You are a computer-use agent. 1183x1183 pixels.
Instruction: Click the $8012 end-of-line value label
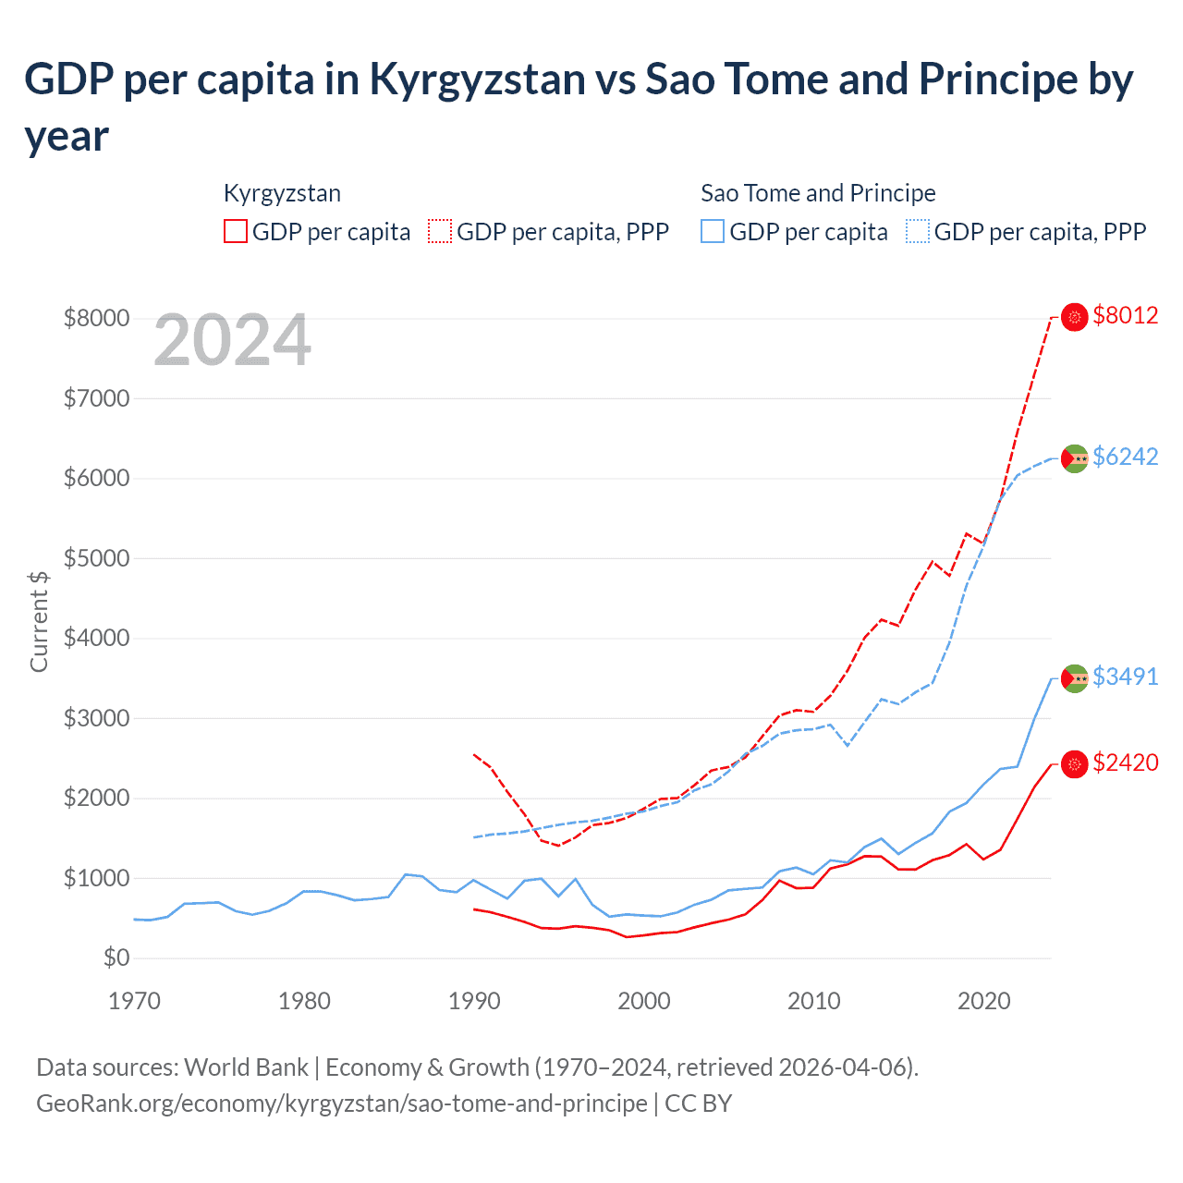1125,315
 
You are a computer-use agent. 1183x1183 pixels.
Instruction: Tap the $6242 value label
1125,457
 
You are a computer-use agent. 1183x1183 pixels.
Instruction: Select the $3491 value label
1125,677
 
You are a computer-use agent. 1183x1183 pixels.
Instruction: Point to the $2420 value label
1125,762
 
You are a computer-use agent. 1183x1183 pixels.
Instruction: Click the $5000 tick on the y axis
96,558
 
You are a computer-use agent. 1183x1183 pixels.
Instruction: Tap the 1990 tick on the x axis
474,1001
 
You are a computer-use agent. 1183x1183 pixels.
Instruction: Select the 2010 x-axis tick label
813,1001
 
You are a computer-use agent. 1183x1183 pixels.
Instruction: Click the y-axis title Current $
39,621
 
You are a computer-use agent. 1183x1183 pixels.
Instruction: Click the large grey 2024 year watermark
232,340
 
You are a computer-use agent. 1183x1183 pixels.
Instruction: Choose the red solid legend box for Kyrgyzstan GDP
236,231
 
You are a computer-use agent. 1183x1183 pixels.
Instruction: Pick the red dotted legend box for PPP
440,231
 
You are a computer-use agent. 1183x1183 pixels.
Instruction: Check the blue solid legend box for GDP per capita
713,231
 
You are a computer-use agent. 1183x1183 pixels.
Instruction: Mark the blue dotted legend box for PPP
918,231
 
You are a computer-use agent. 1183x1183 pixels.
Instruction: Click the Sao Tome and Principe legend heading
818,193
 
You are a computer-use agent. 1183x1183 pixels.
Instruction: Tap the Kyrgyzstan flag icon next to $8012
1074,317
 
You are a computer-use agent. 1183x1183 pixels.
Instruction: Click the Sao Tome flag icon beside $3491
1074,678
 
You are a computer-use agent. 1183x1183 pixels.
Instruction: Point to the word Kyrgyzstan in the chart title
477,79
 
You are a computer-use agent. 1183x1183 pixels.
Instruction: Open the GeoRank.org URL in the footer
342,1104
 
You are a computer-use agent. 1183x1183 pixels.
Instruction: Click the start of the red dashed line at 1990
475,755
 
